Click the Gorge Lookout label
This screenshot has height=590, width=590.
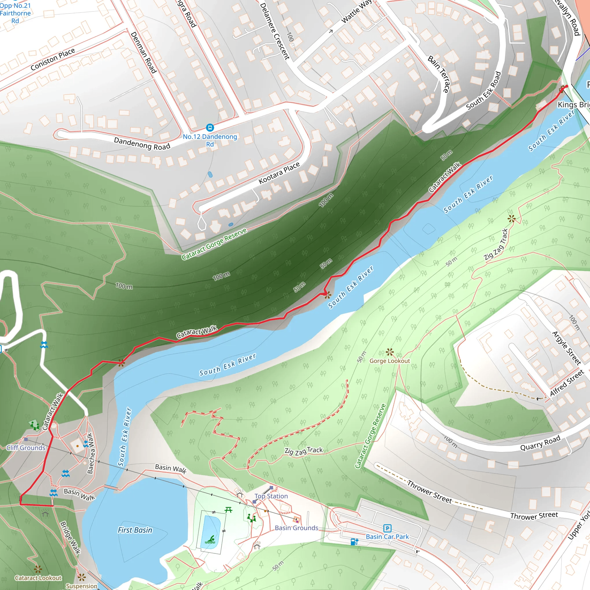click(x=390, y=361)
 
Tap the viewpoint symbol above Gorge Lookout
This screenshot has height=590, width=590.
click(x=389, y=352)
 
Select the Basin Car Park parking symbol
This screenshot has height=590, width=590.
click(x=387, y=528)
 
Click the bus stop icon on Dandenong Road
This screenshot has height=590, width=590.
click(x=210, y=127)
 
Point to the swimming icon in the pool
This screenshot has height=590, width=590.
click(x=210, y=540)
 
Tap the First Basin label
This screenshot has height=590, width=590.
click(x=135, y=530)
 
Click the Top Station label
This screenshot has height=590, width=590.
click(x=271, y=496)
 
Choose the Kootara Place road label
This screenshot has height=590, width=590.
click(x=279, y=173)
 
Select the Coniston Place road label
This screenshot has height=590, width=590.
click(x=53, y=59)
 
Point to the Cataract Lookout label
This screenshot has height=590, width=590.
click(x=38, y=578)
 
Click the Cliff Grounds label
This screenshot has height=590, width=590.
click(x=26, y=448)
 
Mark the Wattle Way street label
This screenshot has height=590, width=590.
click(x=356, y=12)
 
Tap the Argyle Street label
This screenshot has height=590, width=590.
click(x=566, y=348)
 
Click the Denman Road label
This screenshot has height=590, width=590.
click(x=143, y=52)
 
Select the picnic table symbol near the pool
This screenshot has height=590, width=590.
click(x=228, y=509)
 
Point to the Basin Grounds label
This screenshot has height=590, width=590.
click(x=296, y=528)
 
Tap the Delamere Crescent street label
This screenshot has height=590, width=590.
click(x=274, y=31)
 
